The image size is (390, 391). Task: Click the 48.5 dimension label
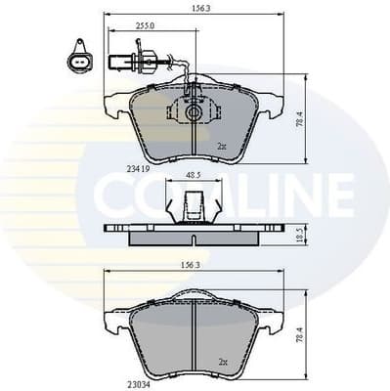click(x=195, y=177)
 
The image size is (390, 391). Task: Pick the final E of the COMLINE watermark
click(x=333, y=195)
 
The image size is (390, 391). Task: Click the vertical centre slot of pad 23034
click(x=194, y=337)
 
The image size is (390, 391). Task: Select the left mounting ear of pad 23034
click(x=112, y=321)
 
